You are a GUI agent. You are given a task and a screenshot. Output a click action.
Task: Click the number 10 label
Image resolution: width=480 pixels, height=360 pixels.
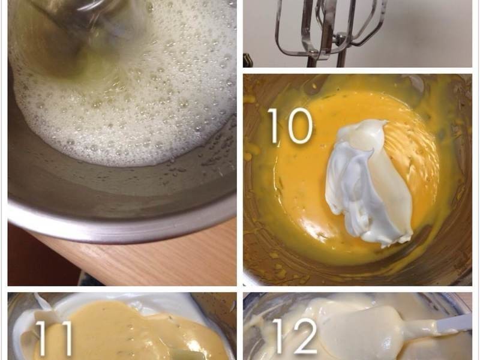[290, 126]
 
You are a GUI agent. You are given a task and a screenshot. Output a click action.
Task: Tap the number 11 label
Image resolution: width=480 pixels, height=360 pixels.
[54, 338]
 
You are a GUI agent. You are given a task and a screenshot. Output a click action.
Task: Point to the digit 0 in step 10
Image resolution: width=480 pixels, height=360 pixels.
[298, 126]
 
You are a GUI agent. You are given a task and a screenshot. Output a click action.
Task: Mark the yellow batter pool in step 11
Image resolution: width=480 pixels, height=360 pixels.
[128, 331]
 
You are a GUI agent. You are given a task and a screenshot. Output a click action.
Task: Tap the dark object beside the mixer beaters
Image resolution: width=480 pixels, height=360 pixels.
[247, 61]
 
